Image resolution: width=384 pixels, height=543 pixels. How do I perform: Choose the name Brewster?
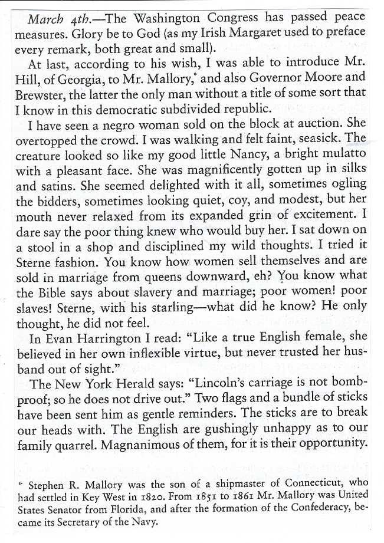point(39,95)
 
